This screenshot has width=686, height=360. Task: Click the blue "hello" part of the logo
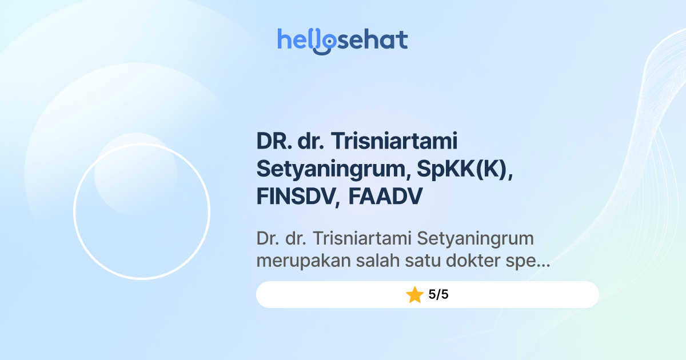tap(298, 39)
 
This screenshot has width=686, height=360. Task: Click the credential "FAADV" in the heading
tap(385, 197)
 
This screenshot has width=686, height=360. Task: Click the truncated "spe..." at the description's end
tap(528, 262)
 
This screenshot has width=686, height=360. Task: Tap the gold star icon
tap(414, 295)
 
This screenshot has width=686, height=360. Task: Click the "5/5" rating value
tap(438, 295)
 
